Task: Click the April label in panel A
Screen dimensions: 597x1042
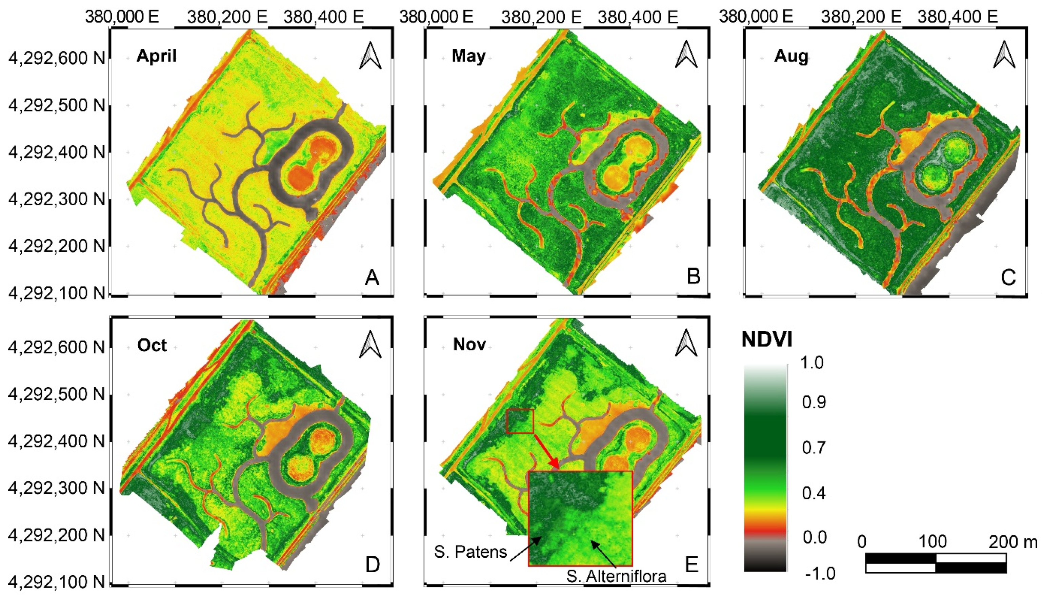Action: pyautogui.click(x=156, y=56)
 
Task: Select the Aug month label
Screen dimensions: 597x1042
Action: pyautogui.click(x=791, y=56)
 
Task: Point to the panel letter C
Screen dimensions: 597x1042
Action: pyautogui.click(x=1008, y=277)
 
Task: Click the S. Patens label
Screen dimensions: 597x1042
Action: pyautogui.click(x=471, y=552)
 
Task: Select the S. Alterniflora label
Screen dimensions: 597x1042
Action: pyautogui.click(x=616, y=576)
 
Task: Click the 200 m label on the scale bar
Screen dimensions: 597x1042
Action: pyautogui.click(x=1013, y=542)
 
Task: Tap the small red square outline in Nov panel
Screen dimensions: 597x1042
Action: pyautogui.click(x=520, y=421)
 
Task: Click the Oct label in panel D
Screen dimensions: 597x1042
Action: pyautogui.click(x=152, y=345)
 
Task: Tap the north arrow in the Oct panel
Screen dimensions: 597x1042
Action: pyautogui.click(x=370, y=345)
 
